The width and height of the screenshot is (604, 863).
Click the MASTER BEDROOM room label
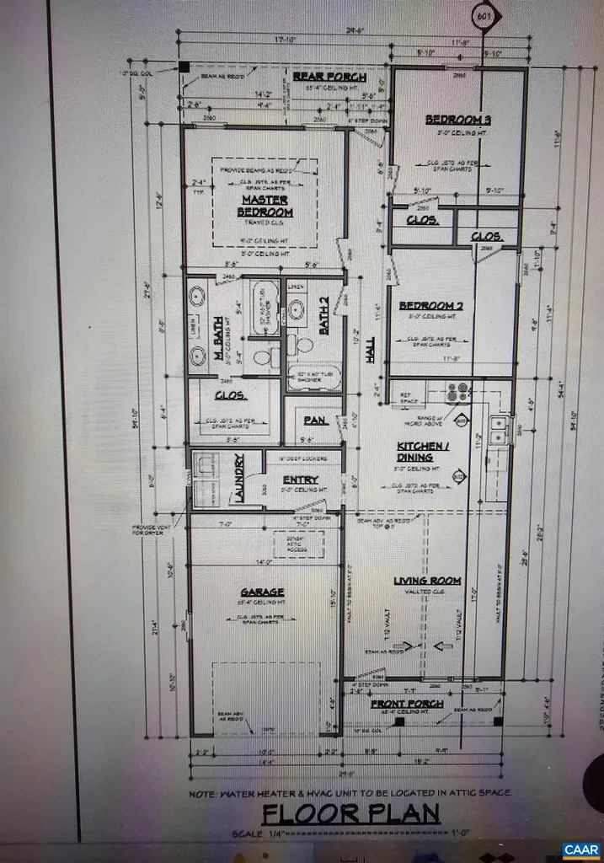tap(265, 206)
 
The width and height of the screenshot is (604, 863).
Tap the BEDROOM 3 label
tap(458, 120)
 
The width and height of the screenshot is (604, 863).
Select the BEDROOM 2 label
tap(430, 305)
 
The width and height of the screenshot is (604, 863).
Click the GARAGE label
tap(262, 592)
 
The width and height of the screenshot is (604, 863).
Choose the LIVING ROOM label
tap(428, 580)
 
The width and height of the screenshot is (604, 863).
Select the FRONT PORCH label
tap(414, 704)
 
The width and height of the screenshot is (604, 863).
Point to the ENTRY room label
tap(300, 479)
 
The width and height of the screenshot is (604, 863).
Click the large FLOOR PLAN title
tap(350, 814)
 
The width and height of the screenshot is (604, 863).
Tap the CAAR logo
tap(579, 848)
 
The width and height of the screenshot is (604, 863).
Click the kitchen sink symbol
tap(497, 428)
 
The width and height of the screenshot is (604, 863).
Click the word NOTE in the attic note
tap(207, 793)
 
